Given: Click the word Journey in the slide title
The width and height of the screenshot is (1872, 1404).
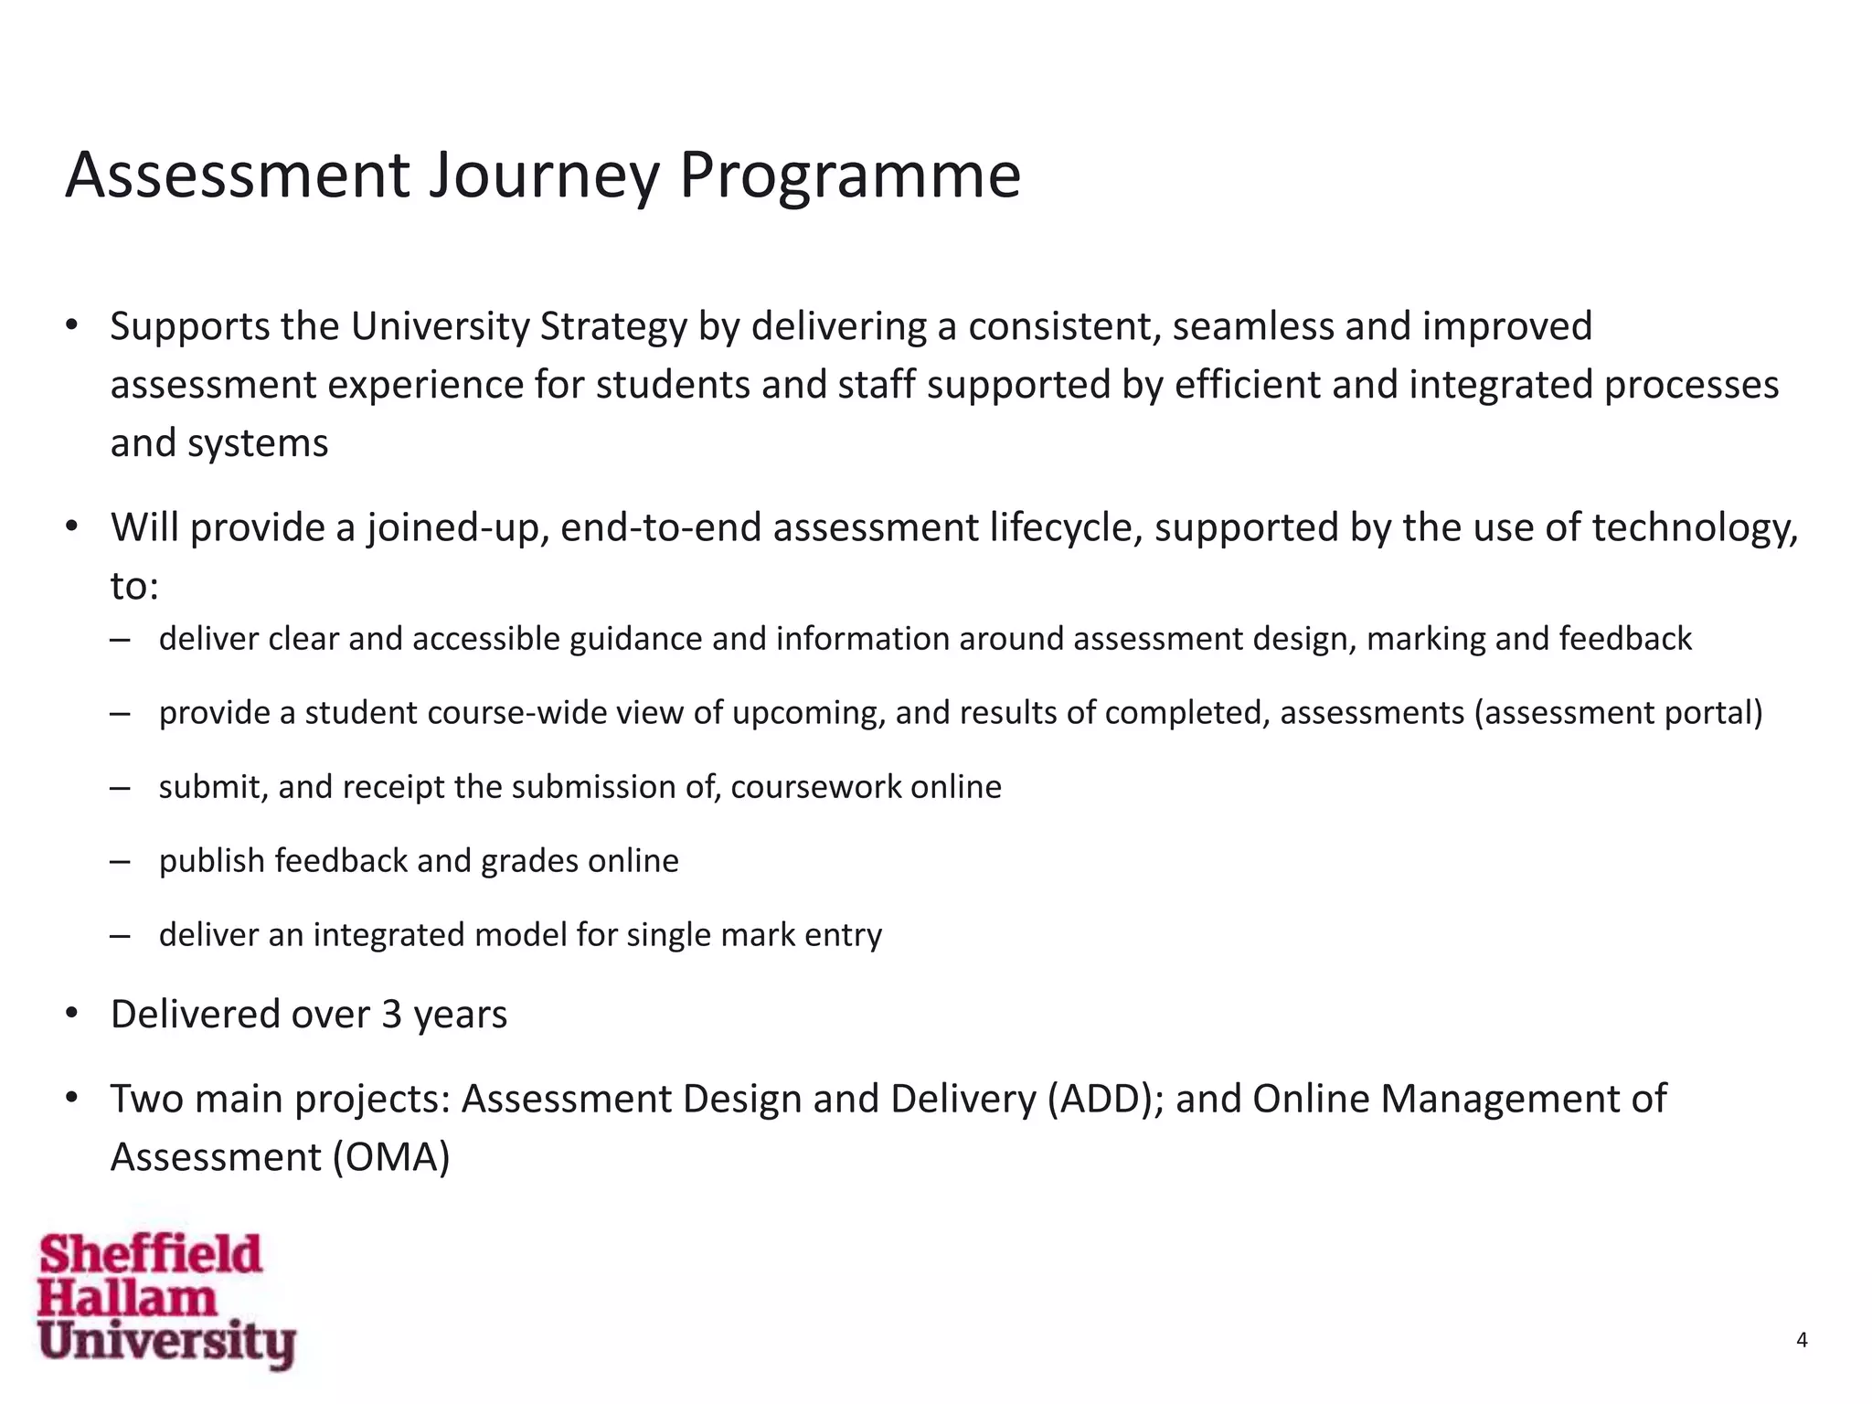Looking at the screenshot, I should [544, 175].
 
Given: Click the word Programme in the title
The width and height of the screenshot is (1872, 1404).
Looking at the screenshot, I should [849, 175].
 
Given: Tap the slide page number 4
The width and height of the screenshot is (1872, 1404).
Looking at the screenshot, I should [1802, 1340].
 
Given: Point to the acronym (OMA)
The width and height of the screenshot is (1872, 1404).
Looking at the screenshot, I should [391, 1158].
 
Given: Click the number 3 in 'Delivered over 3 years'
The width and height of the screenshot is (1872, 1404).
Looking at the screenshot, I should [391, 1015].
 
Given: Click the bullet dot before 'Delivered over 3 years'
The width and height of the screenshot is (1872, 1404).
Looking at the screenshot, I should [71, 1014].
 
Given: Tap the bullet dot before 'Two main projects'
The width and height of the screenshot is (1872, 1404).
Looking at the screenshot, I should [71, 1098].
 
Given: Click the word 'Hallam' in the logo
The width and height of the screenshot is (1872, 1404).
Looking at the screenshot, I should [127, 1299].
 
